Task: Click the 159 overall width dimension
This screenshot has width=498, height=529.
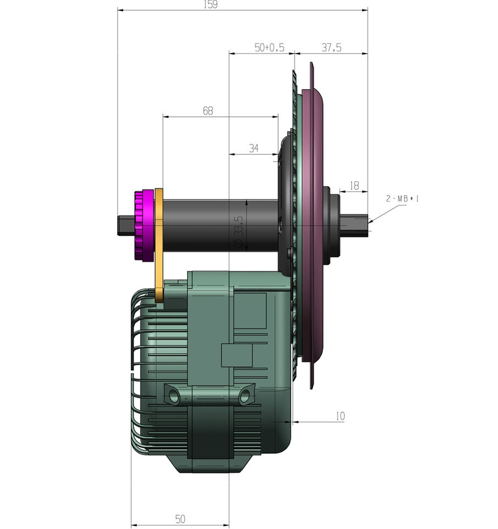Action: pos(211,5)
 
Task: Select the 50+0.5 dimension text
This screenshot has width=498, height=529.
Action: pos(269,47)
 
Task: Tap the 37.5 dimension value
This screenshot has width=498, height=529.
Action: pos(331,47)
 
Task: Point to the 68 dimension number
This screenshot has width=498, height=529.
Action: pos(208,111)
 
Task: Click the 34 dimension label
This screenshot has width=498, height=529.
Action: pos(254,148)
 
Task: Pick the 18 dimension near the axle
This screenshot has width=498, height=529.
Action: pos(354,186)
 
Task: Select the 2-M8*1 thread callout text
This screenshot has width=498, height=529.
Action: pos(402,199)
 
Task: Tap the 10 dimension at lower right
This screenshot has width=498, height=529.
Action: pos(340,416)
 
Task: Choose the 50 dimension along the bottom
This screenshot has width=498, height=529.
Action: pos(180,519)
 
